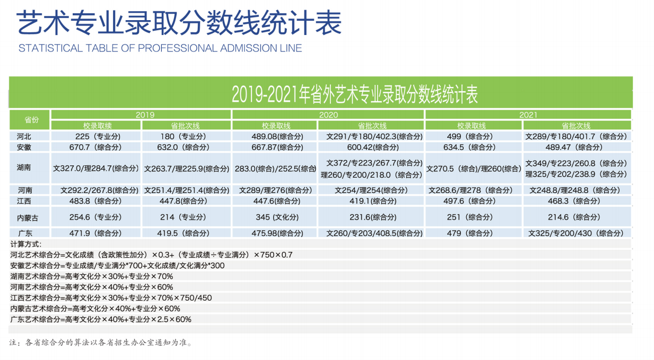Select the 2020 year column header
point(328,115)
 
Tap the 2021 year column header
point(528,115)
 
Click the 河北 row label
point(24,136)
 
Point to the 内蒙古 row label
point(28,217)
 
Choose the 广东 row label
point(24,233)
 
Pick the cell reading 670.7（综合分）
point(95,147)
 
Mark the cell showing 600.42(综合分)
point(371,147)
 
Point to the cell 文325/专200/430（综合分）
point(576,233)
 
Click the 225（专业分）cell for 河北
point(95,136)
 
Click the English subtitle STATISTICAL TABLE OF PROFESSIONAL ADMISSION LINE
point(160,48)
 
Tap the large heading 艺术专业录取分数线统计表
point(179,23)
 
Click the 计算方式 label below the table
point(26,244)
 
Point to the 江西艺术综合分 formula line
point(111,298)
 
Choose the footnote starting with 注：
point(101,343)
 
